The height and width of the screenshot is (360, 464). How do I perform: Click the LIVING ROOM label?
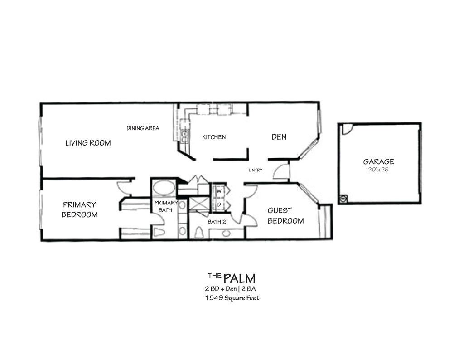tap(88, 143)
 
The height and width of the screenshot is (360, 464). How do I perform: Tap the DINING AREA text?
tap(143, 128)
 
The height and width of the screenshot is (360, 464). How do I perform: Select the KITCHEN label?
tap(214, 137)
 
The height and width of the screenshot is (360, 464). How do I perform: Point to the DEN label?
tap(279, 136)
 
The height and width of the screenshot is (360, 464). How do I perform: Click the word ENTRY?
tap(256, 170)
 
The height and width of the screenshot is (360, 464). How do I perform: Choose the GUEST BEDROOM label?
tap(285, 215)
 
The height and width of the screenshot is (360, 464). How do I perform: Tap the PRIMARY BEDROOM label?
tap(79, 209)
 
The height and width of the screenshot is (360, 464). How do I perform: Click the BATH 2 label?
tap(217, 222)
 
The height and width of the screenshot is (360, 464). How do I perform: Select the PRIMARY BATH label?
tap(166, 206)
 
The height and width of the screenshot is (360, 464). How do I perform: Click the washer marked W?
tap(218, 191)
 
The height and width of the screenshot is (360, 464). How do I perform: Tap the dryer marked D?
tap(218, 204)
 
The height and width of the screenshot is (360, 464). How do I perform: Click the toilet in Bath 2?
tap(198, 233)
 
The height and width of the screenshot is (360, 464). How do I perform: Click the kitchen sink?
tap(184, 133)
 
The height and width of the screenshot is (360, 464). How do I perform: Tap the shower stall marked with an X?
tap(199, 204)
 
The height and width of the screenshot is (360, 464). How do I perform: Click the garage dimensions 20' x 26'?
tap(378, 170)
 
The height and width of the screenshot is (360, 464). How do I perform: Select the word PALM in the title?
tap(239, 277)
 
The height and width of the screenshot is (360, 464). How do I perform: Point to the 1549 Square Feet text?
tap(232, 298)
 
